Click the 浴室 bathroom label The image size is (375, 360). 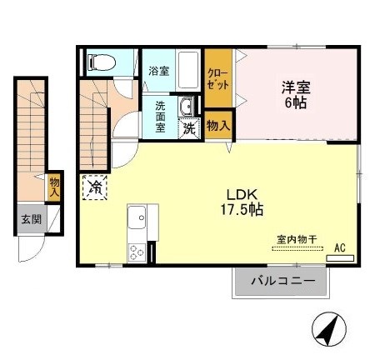pos(158,71)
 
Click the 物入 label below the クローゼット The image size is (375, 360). pos(219,125)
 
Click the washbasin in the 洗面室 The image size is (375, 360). pos(188,106)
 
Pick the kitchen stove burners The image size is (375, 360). pos(137,250)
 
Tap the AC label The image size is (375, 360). pos(340,247)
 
